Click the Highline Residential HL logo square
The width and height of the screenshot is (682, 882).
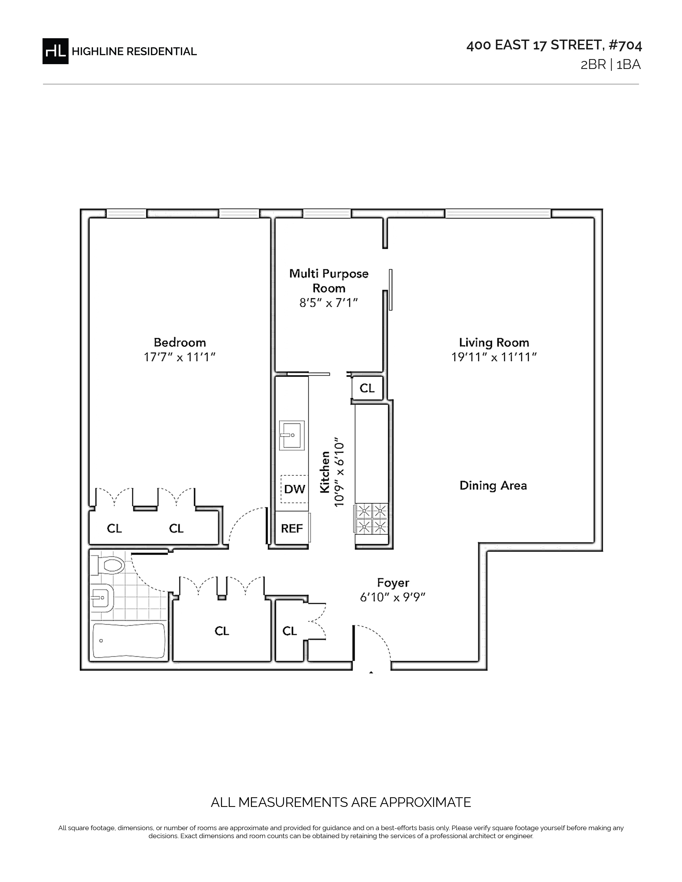coord(55,51)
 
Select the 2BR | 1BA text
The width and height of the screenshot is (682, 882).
coord(611,65)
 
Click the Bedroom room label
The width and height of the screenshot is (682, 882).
coord(180,342)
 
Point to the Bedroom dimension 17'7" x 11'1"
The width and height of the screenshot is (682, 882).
coord(179,357)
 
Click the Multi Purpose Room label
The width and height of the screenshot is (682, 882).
coord(329,281)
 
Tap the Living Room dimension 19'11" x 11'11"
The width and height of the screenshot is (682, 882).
coord(494,357)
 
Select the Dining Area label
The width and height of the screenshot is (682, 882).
coord(493,485)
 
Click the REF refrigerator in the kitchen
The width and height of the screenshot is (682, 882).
coord(292,528)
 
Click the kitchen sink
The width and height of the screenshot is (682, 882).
coord(292,435)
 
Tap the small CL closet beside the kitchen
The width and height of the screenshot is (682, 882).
coord(367,388)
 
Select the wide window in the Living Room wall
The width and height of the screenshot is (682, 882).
coord(498,213)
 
